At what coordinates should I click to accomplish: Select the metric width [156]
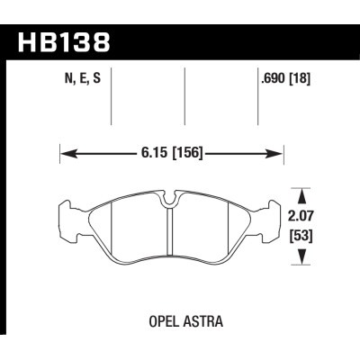184,154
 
